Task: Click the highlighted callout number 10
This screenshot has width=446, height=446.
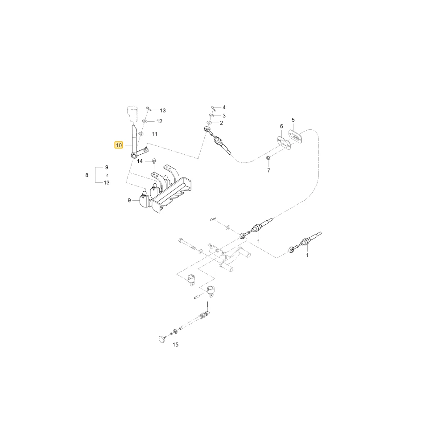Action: (x=119, y=145)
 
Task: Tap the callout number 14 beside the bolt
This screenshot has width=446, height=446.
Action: (x=140, y=161)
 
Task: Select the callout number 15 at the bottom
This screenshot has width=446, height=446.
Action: (x=175, y=344)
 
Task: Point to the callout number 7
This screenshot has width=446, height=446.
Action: (x=268, y=170)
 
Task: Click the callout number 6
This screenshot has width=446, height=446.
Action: (x=281, y=126)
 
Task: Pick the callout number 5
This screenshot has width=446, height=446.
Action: (x=293, y=120)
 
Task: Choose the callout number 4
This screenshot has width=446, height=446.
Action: (x=224, y=107)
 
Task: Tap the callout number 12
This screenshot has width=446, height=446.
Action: (x=159, y=121)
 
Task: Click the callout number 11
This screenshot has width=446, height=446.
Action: (x=154, y=134)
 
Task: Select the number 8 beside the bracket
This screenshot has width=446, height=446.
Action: (x=87, y=175)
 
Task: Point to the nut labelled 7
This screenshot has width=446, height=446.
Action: (x=268, y=157)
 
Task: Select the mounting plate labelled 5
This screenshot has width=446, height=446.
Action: (x=296, y=137)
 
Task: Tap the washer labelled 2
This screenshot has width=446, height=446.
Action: (x=210, y=123)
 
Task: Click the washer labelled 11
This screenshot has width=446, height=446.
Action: (x=141, y=133)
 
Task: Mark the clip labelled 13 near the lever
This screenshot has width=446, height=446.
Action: (x=148, y=108)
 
